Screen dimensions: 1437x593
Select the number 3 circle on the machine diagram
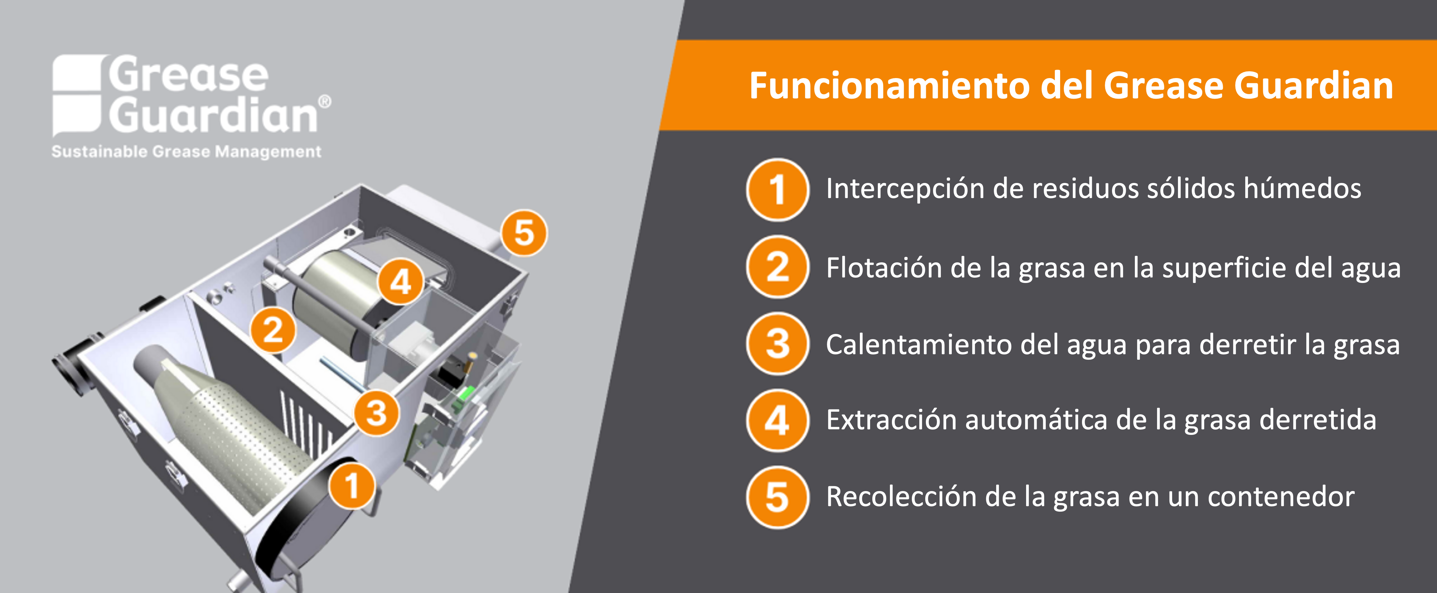click(x=377, y=413)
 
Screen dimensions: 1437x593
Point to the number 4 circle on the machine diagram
click(x=400, y=282)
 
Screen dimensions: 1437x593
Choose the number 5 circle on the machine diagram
click(x=524, y=233)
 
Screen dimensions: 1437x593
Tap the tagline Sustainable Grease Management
click(x=186, y=152)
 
